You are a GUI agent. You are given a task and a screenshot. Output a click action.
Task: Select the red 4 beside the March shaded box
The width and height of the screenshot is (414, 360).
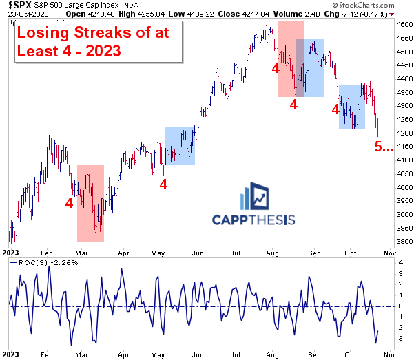coord(69,203)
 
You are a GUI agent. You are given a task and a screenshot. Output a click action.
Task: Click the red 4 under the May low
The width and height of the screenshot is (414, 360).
coord(163,184)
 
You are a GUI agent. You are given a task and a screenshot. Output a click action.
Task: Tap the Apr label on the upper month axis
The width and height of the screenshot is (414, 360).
coord(124,253)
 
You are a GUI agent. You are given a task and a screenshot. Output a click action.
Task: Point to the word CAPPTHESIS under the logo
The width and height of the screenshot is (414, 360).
coord(253,220)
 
